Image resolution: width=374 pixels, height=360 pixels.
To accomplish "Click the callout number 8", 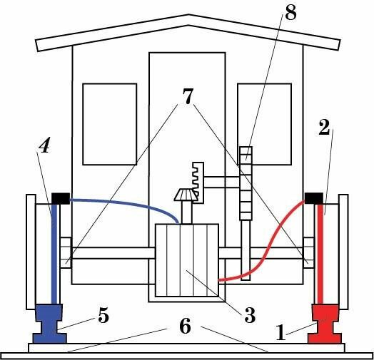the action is coord(290,14).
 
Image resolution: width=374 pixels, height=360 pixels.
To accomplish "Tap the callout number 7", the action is coord(188,96).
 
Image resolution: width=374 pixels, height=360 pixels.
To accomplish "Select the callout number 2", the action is coord(324,128).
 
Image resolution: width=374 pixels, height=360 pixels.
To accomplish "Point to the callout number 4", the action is coord(44,145).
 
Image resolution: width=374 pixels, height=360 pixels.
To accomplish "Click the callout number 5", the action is coord(103,317).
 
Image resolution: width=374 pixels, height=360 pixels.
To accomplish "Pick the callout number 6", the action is coord(185,326).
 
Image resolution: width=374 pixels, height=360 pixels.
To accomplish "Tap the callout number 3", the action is coord(250,315).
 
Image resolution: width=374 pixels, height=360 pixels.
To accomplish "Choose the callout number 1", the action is coord(280,333).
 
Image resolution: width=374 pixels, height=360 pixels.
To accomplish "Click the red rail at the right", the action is coord(324,324).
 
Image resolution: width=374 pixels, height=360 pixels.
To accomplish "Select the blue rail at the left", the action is coord(49,324).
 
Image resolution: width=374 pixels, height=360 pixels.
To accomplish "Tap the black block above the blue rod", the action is coord(61,198).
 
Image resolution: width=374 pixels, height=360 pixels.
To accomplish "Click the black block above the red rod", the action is coord(314,198).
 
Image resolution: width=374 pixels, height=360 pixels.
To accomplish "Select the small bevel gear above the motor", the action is coord(186,195).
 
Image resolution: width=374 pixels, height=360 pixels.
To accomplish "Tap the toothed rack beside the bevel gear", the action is coord(198,182).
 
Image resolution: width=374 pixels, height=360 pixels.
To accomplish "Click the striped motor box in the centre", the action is coord(187,260).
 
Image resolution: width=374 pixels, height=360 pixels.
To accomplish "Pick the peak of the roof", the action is coord(188,15).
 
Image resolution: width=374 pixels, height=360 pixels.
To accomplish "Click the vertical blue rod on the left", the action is coord(54,254).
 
